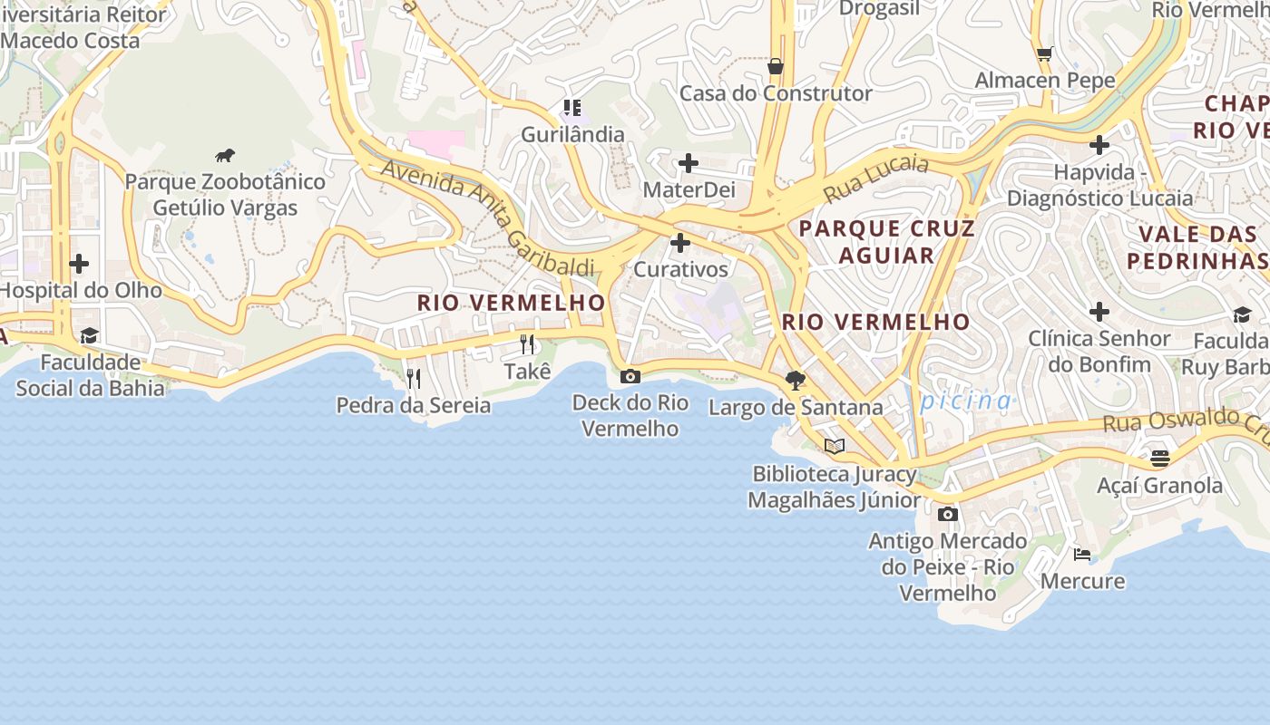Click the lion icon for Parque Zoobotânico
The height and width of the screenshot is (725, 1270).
225,155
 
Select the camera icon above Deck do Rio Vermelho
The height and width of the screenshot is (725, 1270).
630,376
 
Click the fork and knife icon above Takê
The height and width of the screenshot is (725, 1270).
527,344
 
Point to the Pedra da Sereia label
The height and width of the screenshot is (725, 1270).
414,405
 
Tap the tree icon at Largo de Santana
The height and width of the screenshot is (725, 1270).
796,380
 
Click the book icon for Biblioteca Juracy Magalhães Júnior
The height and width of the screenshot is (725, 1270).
835,446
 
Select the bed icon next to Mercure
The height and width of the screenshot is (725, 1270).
1082,554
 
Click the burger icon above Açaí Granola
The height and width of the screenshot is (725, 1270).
1160,459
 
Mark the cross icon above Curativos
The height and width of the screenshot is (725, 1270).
680,243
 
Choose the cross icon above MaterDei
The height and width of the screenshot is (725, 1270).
689,163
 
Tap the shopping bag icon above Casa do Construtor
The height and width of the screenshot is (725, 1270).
776,66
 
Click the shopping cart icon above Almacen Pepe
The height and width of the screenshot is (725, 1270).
1045,53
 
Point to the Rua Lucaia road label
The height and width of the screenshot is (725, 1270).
876,178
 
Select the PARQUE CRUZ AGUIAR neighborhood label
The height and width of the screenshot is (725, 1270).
886,241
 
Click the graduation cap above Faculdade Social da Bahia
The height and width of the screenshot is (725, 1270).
89,336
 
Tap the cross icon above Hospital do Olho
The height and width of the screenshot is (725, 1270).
80,264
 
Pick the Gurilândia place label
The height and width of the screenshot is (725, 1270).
572,135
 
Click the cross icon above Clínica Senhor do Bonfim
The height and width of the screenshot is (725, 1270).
1099,312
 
